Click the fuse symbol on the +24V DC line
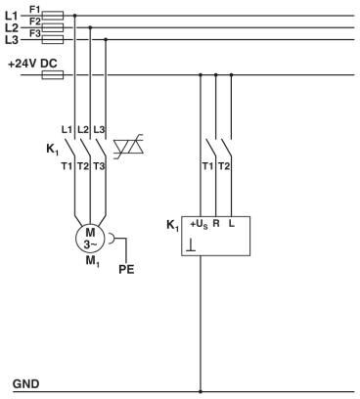click(x=55, y=74)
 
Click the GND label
click(x=25, y=383)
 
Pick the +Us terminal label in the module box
click(x=199, y=225)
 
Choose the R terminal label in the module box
click(x=216, y=225)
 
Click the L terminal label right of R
click(x=232, y=225)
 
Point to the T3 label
click(x=100, y=167)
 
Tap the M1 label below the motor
click(x=90, y=263)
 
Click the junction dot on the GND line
click(x=201, y=391)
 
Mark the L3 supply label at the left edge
click(x=12, y=40)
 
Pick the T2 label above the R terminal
click(x=225, y=167)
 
